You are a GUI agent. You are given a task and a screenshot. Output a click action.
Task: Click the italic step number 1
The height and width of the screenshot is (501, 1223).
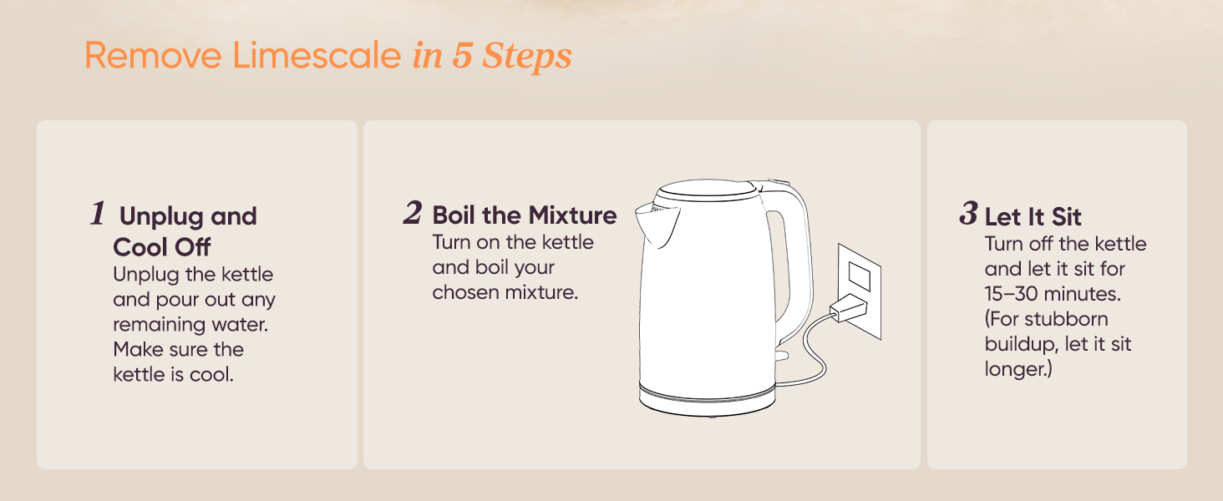(x=98, y=214)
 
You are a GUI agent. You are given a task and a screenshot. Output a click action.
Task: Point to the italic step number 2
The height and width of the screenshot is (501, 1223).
(x=412, y=213)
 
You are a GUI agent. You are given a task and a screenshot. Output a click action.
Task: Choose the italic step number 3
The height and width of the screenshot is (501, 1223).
(x=967, y=214)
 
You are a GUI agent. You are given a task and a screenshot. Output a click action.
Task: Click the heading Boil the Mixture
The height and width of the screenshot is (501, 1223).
(x=525, y=215)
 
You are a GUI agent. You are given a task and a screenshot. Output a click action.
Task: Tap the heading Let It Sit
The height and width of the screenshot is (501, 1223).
(x=1033, y=217)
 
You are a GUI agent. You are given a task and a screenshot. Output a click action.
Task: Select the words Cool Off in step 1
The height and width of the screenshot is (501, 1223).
(x=162, y=247)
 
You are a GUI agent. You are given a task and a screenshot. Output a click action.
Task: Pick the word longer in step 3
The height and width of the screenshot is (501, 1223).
(x=1016, y=369)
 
